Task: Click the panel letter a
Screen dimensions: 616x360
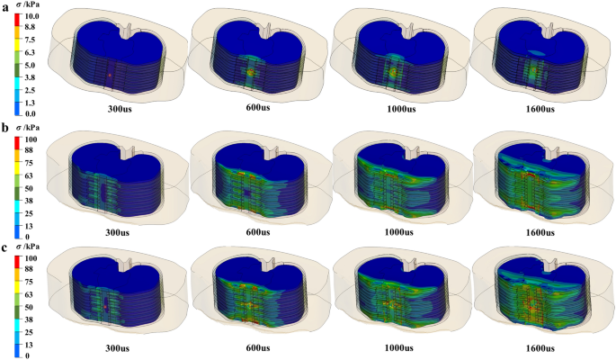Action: (5, 7)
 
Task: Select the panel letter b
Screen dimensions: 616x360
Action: (5, 128)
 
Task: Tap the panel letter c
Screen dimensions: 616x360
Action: (4, 248)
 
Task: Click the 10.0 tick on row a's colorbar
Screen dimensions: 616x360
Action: (31, 16)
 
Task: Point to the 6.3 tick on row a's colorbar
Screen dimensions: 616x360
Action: (30, 52)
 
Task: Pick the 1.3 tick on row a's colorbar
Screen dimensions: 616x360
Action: (30, 103)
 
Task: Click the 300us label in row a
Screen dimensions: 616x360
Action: (121, 109)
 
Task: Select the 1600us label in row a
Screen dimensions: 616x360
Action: (540, 109)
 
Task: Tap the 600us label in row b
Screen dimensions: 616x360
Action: (258, 232)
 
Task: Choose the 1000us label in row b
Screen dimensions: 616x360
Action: (398, 232)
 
